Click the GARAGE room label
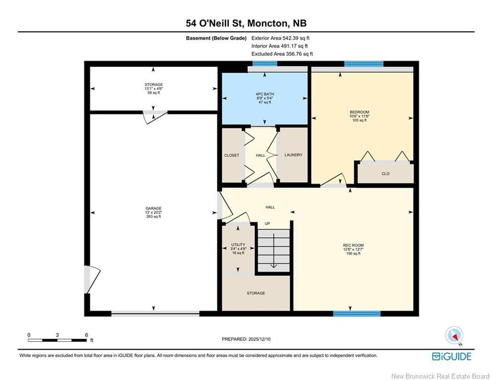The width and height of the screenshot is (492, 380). coord(153,208)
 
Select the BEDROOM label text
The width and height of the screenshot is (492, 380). coord(359,112)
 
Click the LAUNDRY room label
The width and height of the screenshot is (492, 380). coord(293,155)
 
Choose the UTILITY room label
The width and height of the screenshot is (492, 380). coord(238,245)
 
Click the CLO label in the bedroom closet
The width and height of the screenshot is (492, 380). coord(385,174)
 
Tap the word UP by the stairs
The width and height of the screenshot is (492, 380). coord(268,224)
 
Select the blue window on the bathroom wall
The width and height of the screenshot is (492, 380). coord(258,63)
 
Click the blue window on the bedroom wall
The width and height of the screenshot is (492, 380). coord(363,63)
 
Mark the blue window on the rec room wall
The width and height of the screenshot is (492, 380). coord(357,314)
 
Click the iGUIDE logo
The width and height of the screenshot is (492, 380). coord(451,356)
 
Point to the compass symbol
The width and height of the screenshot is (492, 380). coord(454,335)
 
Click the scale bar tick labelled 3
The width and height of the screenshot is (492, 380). coord(57,335)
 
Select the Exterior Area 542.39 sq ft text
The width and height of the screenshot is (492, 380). coord(280,38)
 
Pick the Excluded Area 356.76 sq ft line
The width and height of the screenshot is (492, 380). coord(282,54)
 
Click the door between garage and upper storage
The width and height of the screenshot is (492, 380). coord(154,115)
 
